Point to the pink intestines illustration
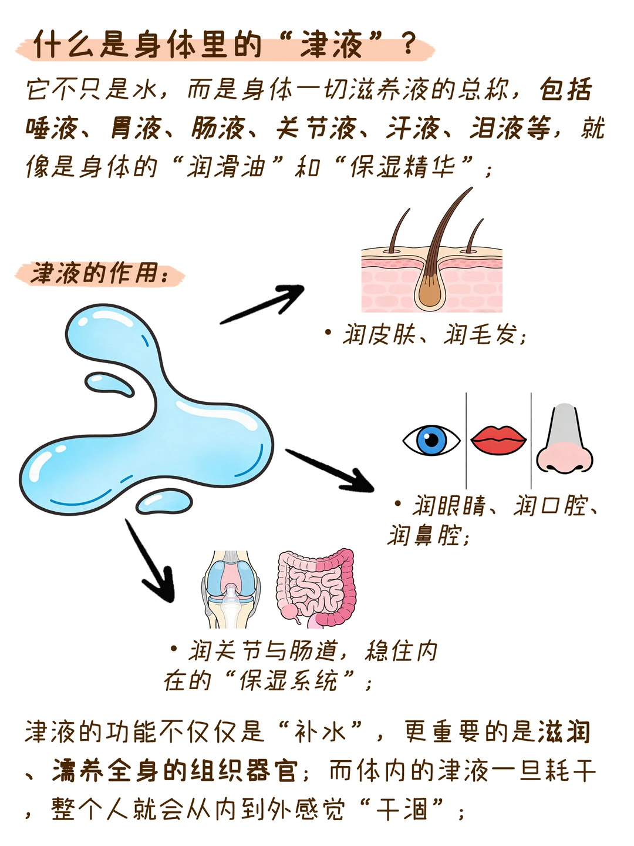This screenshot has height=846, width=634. tap(316, 588)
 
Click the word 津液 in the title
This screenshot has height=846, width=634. tap(332, 45)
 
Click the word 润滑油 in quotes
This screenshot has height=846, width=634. tap(227, 167)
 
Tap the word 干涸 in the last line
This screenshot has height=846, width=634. tap(402, 810)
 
